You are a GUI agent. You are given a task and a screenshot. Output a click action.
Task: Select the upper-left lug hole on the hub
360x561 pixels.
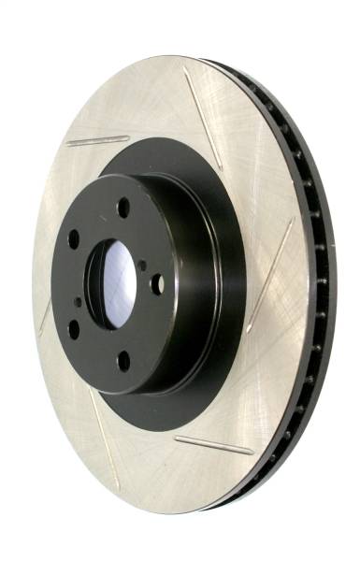[74, 238]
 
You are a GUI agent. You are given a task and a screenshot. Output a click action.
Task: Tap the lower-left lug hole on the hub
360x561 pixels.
[73, 328]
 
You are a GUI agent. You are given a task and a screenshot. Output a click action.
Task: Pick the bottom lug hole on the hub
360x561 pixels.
[122, 360]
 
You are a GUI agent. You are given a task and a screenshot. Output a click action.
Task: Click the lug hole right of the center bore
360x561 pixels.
[157, 283]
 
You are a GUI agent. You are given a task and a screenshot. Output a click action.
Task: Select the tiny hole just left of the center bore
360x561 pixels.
[78, 302]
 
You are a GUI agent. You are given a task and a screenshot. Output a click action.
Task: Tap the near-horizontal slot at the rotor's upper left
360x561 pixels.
[97, 141]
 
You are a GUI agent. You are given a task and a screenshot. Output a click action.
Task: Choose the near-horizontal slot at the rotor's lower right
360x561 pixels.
[214, 445]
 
